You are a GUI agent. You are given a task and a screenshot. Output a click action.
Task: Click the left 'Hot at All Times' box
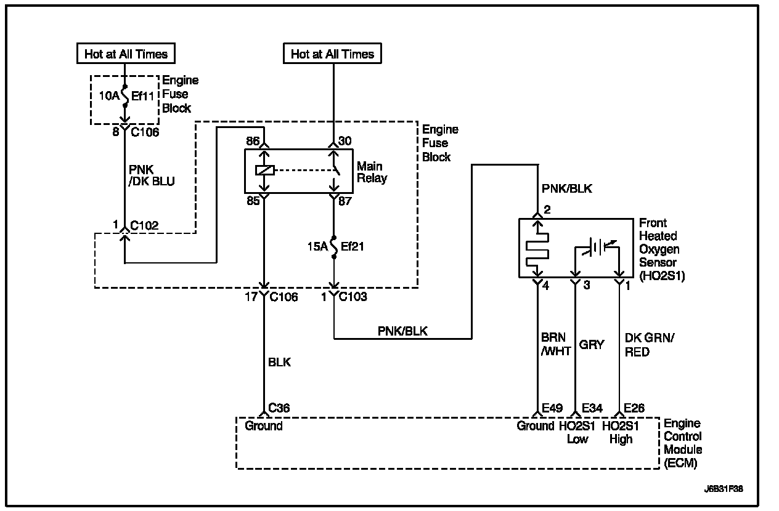(x=126, y=54)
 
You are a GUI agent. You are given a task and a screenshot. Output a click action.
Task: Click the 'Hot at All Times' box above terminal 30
(x=332, y=54)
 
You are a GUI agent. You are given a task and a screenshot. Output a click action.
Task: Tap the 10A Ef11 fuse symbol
(x=125, y=95)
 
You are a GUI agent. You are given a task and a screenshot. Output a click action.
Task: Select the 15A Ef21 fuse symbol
(x=334, y=247)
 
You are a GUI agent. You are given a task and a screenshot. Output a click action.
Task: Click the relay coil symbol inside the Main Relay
(x=264, y=170)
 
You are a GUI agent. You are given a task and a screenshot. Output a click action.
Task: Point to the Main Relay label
(x=372, y=172)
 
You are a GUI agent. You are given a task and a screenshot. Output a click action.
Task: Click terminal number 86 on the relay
(x=253, y=141)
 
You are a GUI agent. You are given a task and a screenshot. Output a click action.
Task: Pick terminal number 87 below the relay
(x=345, y=201)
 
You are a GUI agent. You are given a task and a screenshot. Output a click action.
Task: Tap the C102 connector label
(x=144, y=226)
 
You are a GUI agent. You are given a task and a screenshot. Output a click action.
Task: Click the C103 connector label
(x=353, y=297)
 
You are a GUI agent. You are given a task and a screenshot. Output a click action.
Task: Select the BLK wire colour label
(x=279, y=363)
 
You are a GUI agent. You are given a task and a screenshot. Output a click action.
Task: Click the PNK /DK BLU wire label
(x=152, y=175)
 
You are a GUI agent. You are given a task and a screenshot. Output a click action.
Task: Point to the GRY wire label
(x=592, y=345)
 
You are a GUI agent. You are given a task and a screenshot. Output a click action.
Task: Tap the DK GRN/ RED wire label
(x=650, y=345)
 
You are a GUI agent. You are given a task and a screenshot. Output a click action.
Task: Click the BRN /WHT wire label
(x=556, y=344)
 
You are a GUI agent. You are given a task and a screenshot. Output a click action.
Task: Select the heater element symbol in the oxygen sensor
(x=537, y=250)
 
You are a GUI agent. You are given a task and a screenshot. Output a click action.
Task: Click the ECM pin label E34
(x=592, y=408)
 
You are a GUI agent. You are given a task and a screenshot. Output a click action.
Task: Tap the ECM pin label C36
(x=279, y=408)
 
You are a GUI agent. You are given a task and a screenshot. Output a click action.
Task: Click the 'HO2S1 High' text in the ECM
(x=621, y=432)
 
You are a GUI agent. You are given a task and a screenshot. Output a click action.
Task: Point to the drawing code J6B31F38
(x=724, y=489)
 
